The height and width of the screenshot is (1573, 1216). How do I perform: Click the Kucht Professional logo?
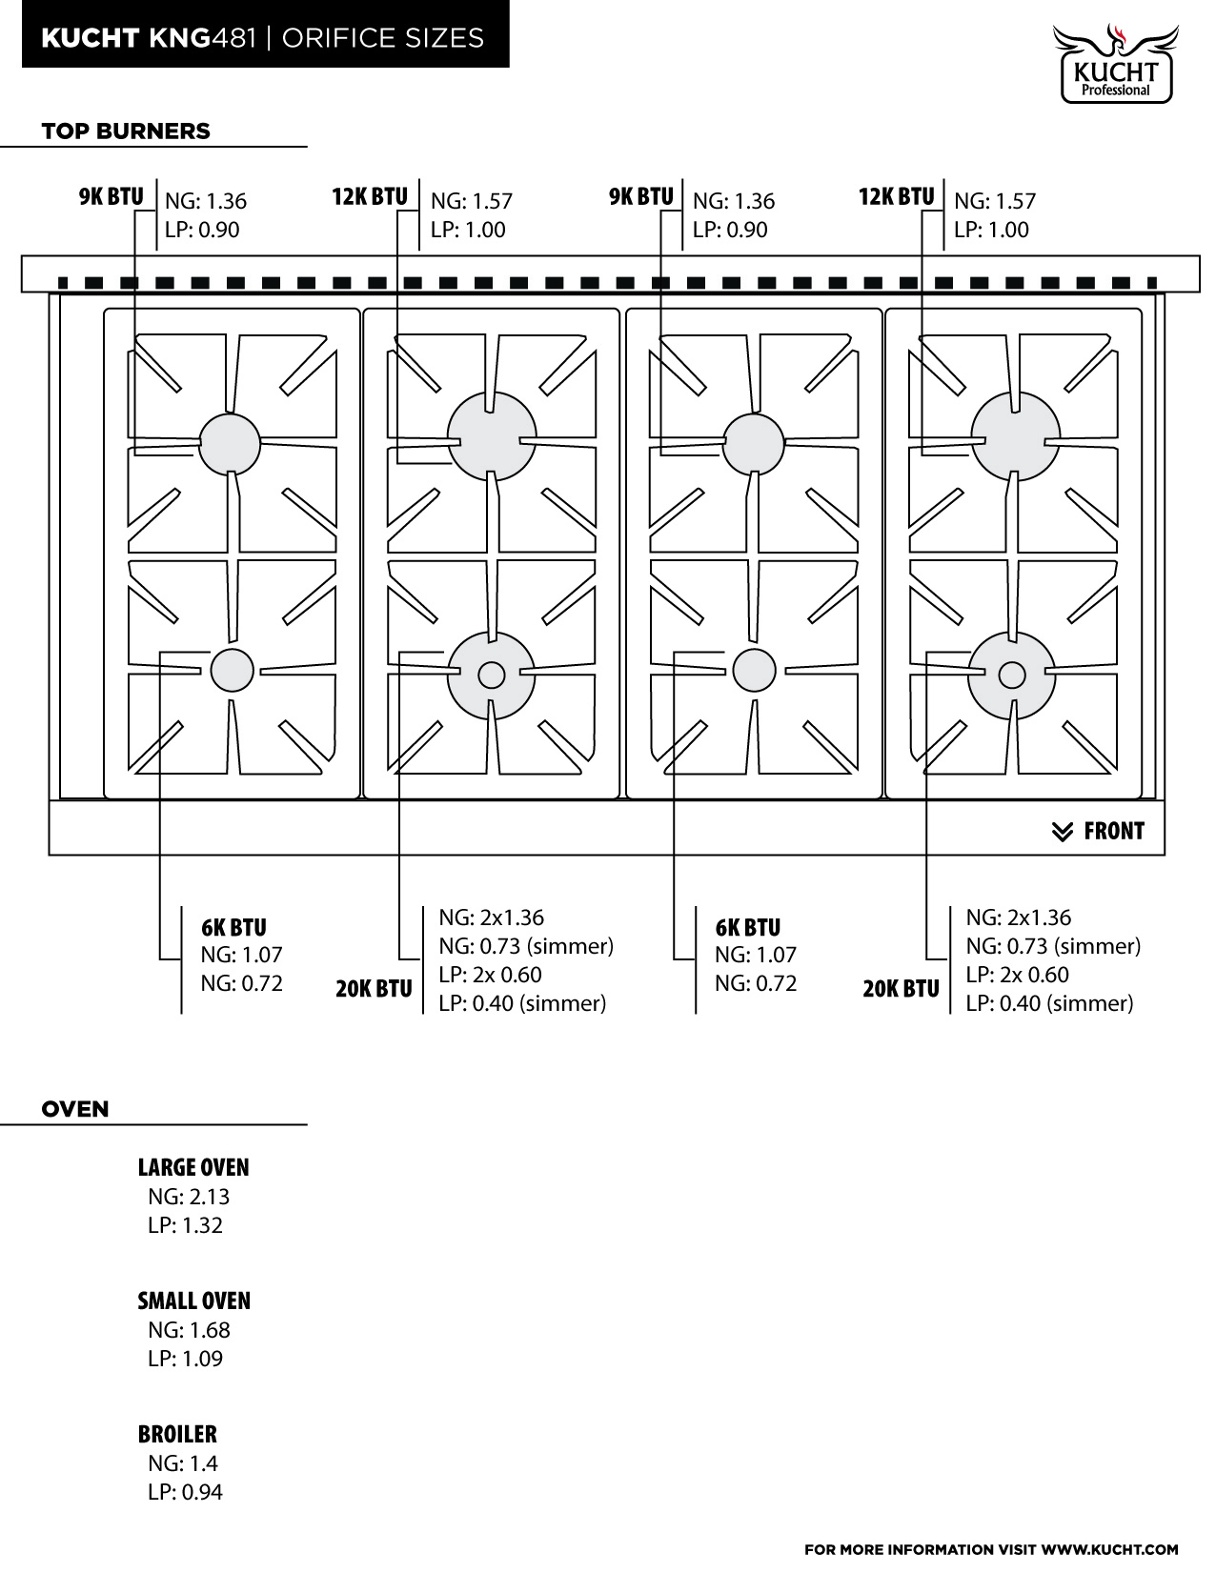1115,64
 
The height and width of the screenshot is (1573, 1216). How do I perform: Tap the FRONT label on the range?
1114,831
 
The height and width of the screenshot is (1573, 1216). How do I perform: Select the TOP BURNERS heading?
126,131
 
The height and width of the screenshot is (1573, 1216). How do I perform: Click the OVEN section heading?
75,1109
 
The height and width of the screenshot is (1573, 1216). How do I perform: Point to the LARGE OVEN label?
193,1168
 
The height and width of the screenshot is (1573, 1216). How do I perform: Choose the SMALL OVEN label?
194,1301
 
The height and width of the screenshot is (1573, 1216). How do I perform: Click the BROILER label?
177,1434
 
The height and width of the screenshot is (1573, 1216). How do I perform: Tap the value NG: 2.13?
189,1197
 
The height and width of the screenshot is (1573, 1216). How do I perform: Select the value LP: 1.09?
185,1359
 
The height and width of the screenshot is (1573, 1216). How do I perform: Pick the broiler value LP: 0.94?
185,1492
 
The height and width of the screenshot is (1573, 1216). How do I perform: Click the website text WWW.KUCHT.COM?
1109,1550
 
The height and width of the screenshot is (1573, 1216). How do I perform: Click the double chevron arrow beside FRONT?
1062,832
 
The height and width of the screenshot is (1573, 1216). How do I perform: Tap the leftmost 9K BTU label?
111,197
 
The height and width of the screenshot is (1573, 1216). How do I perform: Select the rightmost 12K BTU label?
897,197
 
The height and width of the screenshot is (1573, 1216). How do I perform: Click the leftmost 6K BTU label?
233,928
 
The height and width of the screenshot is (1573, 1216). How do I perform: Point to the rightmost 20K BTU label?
902,989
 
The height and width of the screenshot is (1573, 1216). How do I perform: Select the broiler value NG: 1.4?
182,1463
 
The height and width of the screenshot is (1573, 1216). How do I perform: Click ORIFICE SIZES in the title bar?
383,38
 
